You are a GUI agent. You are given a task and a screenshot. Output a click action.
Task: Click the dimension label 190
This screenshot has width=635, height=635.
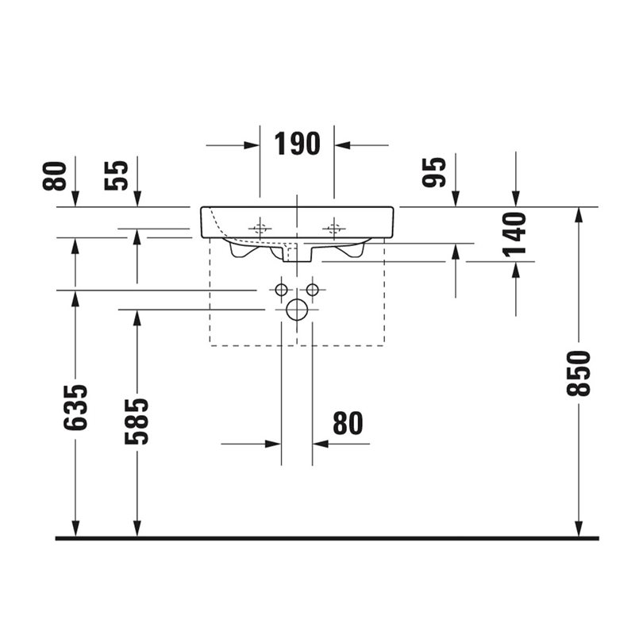point(297,144)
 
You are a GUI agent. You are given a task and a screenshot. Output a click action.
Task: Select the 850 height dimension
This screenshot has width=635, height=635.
point(579,373)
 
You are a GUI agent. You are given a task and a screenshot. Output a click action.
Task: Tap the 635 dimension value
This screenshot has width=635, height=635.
point(75,407)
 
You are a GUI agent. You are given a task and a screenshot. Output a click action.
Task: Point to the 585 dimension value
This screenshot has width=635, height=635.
point(137,421)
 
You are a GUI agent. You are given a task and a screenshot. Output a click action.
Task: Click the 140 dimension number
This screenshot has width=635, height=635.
point(514,235)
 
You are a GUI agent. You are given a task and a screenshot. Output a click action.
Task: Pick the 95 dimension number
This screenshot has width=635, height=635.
point(433,172)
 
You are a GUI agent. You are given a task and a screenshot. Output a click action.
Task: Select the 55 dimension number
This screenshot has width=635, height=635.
point(116,175)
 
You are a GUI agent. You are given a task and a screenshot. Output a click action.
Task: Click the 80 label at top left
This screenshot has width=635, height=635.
point(54,175)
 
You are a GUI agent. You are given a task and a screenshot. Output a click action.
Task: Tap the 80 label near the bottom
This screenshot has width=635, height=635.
point(348,423)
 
